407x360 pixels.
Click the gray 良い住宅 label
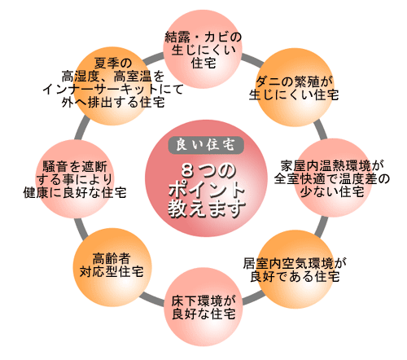(206, 145)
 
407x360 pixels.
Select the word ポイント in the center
(206, 190)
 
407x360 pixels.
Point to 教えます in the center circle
(207, 209)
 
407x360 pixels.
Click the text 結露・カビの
(203, 37)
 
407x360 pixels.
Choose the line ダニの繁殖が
(294, 81)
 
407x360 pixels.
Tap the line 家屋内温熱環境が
(332, 165)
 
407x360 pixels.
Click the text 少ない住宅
(332, 191)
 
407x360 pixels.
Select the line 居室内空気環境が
(295, 263)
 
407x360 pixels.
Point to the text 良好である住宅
(295, 276)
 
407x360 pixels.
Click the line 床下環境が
(203, 301)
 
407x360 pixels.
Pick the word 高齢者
(112, 258)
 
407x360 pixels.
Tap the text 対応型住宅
(112, 272)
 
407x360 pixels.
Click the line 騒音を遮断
(75, 166)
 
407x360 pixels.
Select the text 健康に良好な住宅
(75, 192)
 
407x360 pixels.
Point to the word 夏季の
(113, 64)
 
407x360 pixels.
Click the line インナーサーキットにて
(113, 90)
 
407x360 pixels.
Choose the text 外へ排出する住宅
(113, 103)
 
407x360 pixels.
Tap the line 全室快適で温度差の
(332, 178)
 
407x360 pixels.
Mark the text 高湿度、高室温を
(113, 77)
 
